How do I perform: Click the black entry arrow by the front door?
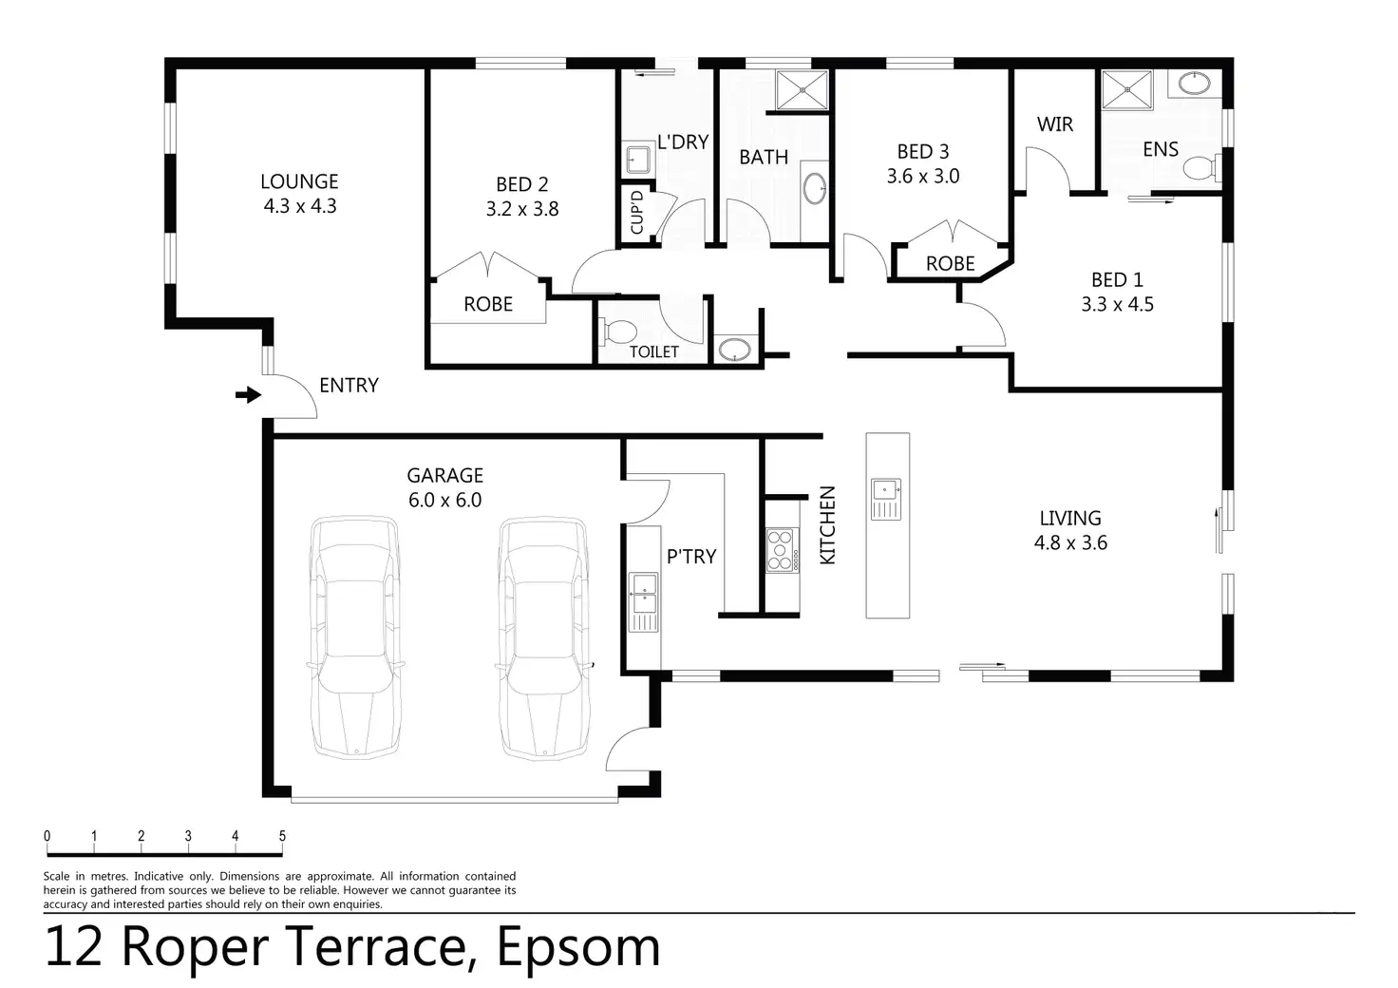tap(249, 394)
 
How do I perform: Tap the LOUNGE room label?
tap(299, 181)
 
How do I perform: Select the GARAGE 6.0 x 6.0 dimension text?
tap(445, 500)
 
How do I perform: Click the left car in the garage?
tap(355, 637)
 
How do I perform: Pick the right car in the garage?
tap(544, 637)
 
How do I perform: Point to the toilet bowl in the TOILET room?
tap(616, 332)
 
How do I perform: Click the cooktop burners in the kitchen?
tap(780, 550)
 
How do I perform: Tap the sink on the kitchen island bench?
tap(886, 499)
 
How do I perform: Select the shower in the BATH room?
tap(802, 90)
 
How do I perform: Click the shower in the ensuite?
tap(1127, 89)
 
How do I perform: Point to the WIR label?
tap(1055, 124)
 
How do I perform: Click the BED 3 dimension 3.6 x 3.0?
tap(923, 176)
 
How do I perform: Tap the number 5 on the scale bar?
tap(282, 835)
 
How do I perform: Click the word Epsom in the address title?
tap(578, 947)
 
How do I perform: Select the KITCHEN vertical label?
tap(827, 525)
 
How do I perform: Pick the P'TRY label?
tap(691, 556)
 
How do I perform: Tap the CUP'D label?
tap(636, 212)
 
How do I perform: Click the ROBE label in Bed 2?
tap(488, 304)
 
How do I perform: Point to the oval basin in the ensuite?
tap(1195, 83)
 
